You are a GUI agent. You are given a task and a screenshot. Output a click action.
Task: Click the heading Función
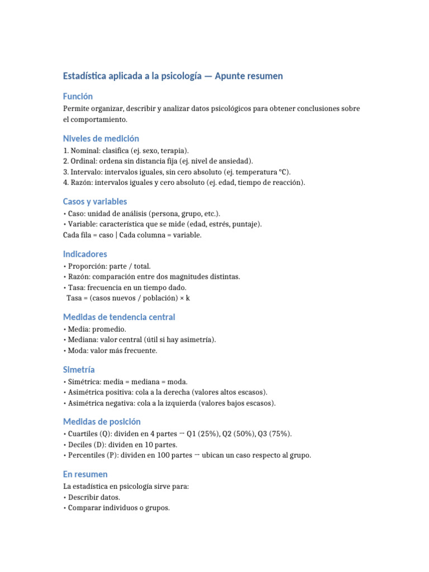pos(78,96)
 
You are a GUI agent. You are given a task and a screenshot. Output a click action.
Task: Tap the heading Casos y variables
pos(95,201)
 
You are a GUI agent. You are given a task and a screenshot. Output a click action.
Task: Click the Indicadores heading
pos(85,254)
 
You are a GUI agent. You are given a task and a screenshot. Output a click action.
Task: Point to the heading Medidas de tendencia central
pos(119,317)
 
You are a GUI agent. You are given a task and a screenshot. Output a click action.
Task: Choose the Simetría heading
pos(79,369)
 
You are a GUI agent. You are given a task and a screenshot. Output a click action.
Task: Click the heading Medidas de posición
pos(102,421)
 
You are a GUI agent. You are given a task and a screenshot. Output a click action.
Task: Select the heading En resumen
pos(85,474)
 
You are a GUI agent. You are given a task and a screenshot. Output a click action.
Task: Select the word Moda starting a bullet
pos(76,350)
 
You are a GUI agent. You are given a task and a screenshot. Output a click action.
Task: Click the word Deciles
pos(79,445)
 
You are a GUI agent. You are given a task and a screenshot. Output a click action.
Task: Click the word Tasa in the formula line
pos(74,298)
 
